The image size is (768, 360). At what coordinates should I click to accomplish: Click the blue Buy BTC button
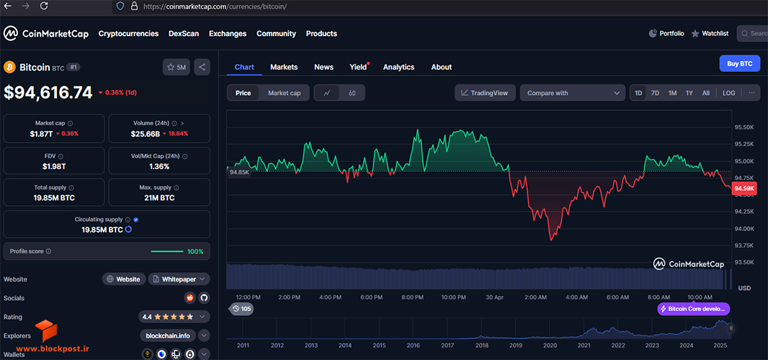740,64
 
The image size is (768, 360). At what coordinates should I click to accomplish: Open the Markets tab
284,67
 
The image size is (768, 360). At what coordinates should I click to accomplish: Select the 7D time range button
655,93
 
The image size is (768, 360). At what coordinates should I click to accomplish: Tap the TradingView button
485,93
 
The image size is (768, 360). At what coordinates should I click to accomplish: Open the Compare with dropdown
573,93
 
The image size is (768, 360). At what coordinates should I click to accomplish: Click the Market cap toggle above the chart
284,93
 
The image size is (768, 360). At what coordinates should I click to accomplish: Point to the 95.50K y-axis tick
744,127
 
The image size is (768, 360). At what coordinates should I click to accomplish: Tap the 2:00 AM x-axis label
535,297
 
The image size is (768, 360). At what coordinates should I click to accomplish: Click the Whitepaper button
179,279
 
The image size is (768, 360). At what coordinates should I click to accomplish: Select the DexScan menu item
184,34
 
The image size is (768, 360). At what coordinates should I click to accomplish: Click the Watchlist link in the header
710,34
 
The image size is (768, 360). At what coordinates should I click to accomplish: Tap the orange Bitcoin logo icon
10,67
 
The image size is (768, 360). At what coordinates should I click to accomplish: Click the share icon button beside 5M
202,67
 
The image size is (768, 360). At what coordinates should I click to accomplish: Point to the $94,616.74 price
48,93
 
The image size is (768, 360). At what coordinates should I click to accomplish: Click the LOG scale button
729,93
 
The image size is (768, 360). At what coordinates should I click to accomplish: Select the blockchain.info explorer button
168,336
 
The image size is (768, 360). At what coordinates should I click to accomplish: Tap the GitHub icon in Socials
204,297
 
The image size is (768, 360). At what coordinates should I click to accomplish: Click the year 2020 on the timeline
549,346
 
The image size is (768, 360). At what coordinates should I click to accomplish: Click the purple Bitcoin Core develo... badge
694,309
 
